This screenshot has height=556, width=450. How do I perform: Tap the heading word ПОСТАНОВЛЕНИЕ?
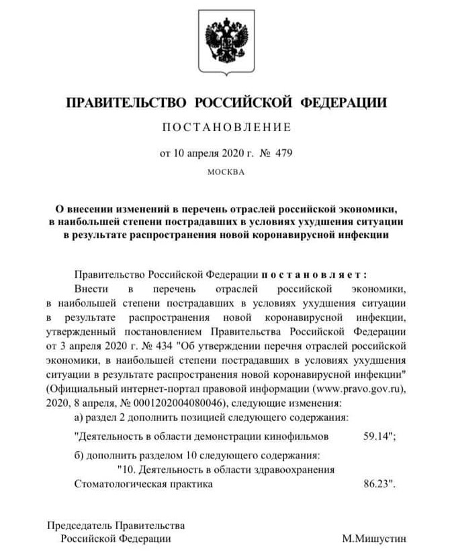pyautogui.click(x=226, y=126)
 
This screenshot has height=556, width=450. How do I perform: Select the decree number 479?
pyautogui.click(x=283, y=153)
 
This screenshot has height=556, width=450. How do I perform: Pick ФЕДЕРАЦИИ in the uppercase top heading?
pyautogui.click(x=343, y=102)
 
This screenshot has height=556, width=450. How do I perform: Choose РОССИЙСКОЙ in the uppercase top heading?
pyautogui.click(x=243, y=102)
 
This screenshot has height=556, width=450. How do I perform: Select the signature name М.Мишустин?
pyautogui.click(x=373, y=539)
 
